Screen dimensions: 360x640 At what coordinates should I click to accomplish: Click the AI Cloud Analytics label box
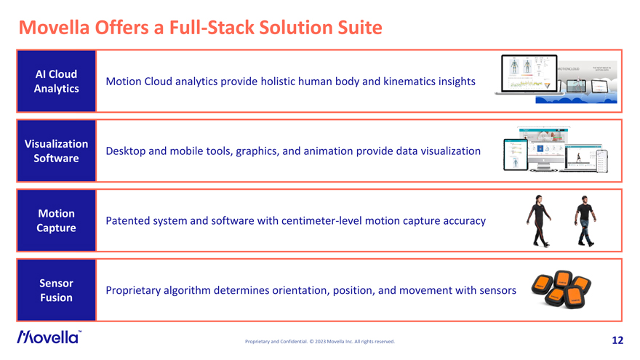coord(56,81)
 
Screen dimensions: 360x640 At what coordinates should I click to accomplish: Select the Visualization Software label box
coord(56,151)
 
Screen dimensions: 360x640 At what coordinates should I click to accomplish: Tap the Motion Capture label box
coord(56,220)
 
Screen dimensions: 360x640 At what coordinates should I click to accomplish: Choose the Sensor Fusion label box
coord(56,290)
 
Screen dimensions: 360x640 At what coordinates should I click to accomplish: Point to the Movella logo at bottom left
coord(49,337)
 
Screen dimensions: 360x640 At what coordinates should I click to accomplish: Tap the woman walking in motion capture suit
coord(537,220)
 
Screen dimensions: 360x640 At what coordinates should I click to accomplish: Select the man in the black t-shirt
coord(584,220)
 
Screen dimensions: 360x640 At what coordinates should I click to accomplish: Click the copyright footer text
coord(320,341)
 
